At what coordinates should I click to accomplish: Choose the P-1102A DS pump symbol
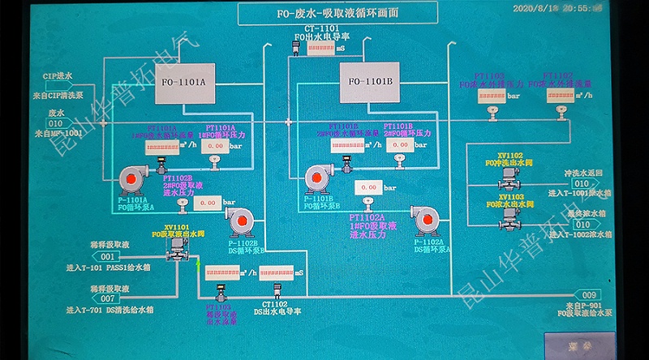point(425,220)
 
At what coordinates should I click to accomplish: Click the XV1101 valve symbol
point(176,253)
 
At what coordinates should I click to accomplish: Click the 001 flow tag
point(109,257)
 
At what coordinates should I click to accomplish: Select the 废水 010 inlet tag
point(55,123)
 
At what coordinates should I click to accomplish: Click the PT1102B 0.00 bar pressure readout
point(208,203)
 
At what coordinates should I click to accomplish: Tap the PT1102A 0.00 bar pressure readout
point(368,188)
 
